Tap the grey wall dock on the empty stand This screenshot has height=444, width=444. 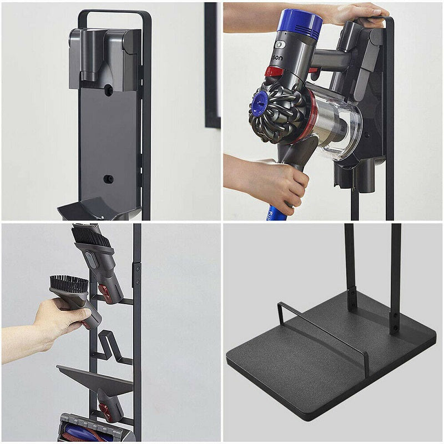click(x=104, y=58)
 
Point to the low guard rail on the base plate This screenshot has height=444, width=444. click(x=322, y=333)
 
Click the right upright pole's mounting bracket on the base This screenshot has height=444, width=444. click(x=395, y=322)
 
